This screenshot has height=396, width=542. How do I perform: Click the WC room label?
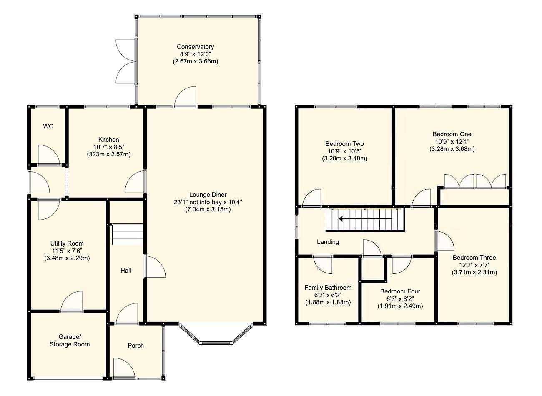(x=48, y=126)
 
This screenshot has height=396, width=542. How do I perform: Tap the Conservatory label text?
(x=195, y=47)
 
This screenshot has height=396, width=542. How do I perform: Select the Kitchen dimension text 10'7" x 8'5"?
(x=109, y=147)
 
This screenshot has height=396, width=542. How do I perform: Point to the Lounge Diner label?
(x=208, y=195)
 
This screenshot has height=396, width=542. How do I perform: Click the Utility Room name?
(x=67, y=243)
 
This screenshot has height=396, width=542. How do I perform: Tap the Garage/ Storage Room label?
(x=70, y=341)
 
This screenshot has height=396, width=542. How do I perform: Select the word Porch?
(x=136, y=346)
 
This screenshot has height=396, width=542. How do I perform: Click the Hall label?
(x=126, y=271)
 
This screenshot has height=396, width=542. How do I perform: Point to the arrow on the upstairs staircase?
(x=365, y=219)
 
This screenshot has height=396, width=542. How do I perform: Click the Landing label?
(x=328, y=242)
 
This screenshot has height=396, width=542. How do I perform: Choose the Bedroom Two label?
(x=344, y=144)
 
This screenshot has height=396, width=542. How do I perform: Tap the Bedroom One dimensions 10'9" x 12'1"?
(x=452, y=141)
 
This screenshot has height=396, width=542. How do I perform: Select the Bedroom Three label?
(x=474, y=257)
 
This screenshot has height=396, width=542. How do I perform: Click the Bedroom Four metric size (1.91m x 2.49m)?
(x=400, y=306)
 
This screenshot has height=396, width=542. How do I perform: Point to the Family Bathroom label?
(x=328, y=288)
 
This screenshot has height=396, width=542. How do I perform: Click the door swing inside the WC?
(x=49, y=155)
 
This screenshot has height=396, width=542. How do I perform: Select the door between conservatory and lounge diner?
(x=185, y=97)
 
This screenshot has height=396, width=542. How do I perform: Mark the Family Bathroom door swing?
(x=323, y=265)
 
